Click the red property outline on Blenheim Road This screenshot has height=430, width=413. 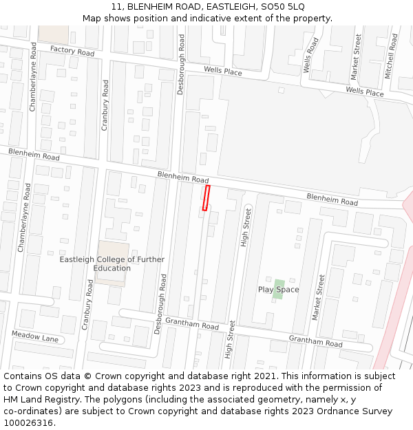(x=206, y=197)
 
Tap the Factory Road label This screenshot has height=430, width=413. (x=72, y=52)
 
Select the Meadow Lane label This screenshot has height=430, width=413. (x=35, y=337)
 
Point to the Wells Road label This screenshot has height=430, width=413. (x=311, y=55)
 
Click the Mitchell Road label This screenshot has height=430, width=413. (x=390, y=56)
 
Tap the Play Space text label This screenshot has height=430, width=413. (x=278, y=290)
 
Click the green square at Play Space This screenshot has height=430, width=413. (x=279, y=284)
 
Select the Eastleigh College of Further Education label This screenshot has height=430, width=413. (x=112, y=264)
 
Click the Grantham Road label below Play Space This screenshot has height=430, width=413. (x=315, y=341)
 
